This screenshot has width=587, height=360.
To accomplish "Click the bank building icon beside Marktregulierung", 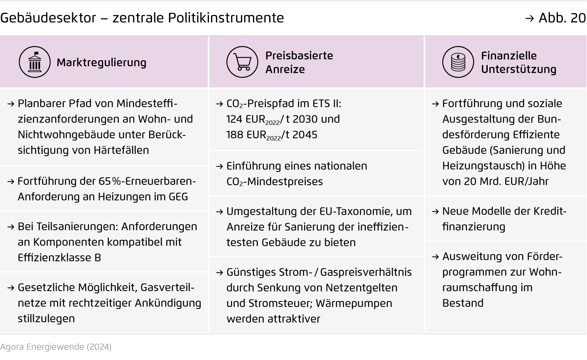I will tap(34, 62).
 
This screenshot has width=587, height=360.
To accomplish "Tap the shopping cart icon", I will tap(242, 62).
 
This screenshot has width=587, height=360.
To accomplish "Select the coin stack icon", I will tap(458, 62).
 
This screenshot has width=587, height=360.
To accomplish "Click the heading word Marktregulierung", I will tap(101, 62).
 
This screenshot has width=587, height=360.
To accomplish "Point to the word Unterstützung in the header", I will tap(518, 69).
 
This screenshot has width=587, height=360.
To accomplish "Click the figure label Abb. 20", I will tap(561, 18).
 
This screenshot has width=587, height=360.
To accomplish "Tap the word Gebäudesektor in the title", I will tap(48, 18).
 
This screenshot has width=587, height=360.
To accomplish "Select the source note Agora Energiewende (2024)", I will tap(56, 347).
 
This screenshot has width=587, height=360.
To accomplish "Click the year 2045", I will tap(305, 135).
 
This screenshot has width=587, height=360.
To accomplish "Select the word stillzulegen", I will tap(46, 318).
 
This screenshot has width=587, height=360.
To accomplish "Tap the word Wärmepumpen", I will tap(354, 303).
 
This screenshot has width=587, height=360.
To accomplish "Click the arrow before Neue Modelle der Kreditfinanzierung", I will tap(435, 211).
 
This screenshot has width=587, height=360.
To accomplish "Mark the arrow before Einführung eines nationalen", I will tap(220, 166).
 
